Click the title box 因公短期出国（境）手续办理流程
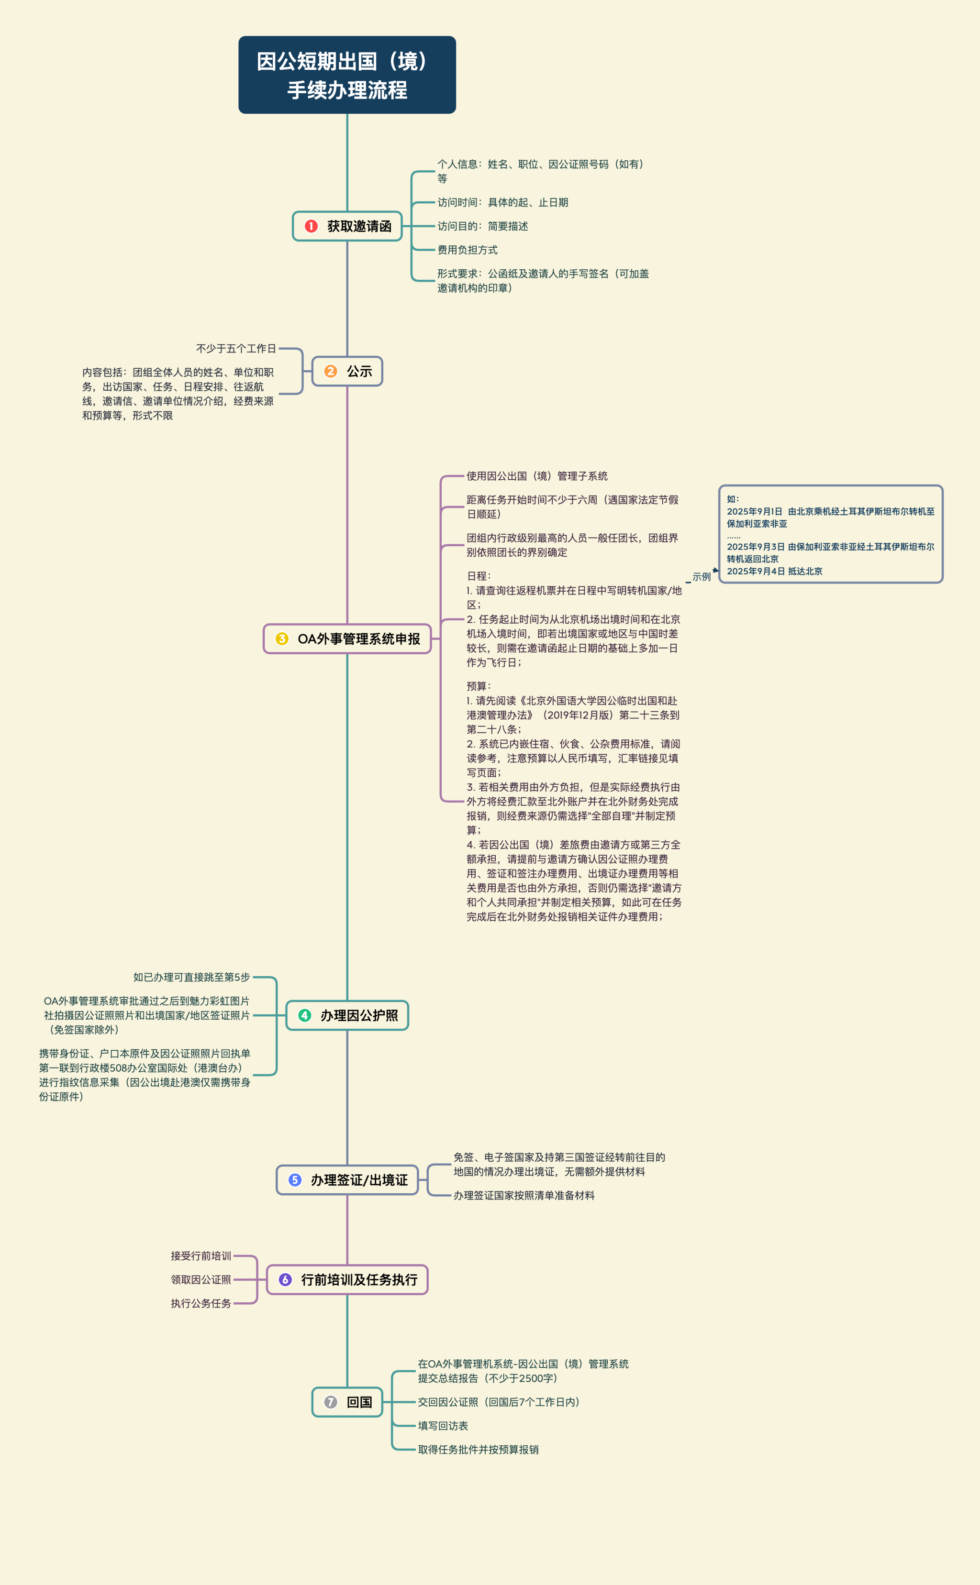coord(347,75)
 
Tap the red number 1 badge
coord(311,226)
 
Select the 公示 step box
coord(347,371)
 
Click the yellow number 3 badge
coord(282,638)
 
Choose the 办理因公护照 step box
coord(347,1015)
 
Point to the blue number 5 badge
coord(295,1179)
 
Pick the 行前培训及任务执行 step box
coord(347,1279)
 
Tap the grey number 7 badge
coord(331,1402)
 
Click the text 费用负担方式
coord(468,250)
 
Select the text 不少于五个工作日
coord(236,349)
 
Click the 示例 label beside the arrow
coord(702,576)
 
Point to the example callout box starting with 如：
coord(830,534)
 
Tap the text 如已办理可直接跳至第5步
coord(191,977)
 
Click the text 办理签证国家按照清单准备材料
coord(523,1195)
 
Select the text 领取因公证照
coord(201,1279)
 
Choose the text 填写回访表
coord(443,1426)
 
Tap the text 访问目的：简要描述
coord(482,226)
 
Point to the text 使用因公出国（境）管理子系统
coord(537,476)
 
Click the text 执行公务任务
coord(201,1303)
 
